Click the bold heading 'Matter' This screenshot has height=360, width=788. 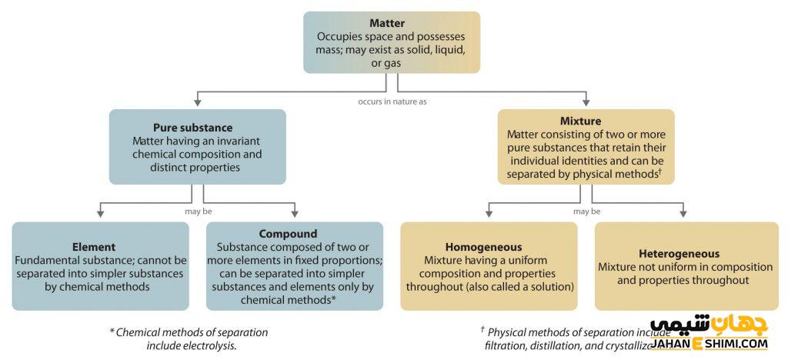point(391,23)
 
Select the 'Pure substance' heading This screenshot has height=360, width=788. point(197,127)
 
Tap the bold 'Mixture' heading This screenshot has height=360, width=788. point(586,121)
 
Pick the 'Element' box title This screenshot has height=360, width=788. point(94,247)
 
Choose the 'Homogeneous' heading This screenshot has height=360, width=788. point(489,247)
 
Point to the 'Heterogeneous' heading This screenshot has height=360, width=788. point(679,253)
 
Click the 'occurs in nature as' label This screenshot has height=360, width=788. point(392,102)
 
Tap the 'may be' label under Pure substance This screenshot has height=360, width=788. point(198,211)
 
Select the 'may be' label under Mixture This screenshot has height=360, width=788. point(586,211)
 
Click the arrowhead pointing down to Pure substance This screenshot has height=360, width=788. point(197,103)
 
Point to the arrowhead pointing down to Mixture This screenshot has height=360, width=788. point(586,103)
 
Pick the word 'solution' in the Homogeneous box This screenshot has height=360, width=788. point(549,286)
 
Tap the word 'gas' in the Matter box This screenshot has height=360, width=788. point(391,62)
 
